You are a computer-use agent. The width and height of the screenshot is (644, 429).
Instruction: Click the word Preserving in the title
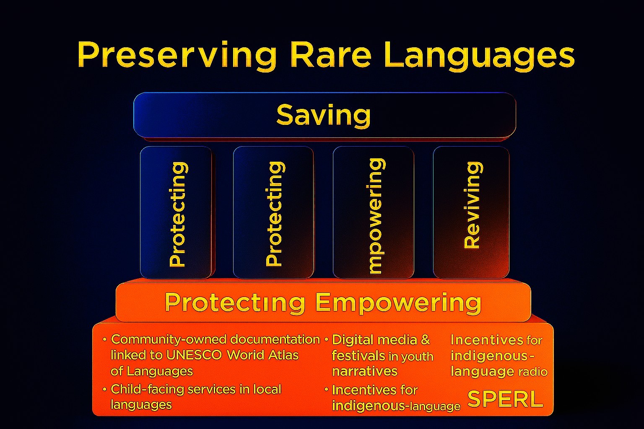pos(177,55)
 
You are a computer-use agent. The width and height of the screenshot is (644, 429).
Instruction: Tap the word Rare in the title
pos(331,54)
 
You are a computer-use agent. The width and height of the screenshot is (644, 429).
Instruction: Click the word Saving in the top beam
pos(323,116)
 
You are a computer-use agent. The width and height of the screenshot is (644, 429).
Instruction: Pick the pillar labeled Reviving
pos(471,212)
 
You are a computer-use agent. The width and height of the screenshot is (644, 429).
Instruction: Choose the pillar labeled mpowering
pos(374,212)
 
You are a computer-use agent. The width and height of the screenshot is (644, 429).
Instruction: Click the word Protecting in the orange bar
pos(235,302)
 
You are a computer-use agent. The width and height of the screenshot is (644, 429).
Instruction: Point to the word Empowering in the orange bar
pos(398,302)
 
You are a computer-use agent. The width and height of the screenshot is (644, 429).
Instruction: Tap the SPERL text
pos(505,399)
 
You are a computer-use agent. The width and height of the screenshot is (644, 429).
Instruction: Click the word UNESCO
pos(194,355)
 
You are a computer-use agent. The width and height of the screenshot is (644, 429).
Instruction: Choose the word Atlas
pos(283,355)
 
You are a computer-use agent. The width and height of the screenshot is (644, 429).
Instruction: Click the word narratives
pos(365,372)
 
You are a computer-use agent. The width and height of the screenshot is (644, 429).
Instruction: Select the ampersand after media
pos(425,340)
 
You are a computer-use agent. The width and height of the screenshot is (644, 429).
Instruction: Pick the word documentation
pos(275,340)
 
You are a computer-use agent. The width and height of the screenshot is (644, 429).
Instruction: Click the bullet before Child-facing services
pos(105,390)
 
